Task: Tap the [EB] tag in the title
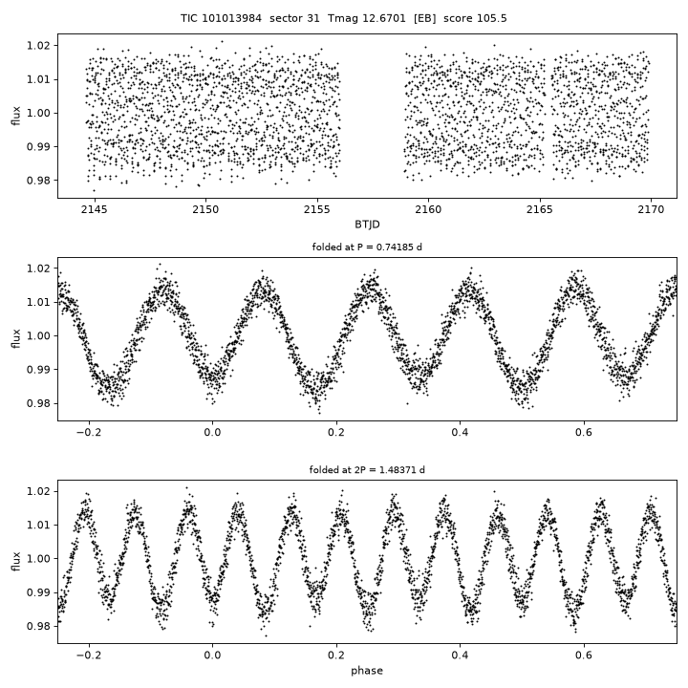point(424,18)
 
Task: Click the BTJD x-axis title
point(367,225)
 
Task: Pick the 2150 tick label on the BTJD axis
point(205,209)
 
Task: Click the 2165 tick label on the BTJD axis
point(540,209)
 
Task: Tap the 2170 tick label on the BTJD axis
point(651,209)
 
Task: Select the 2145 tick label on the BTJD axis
point(94,209)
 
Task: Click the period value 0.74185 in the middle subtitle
point(398,247)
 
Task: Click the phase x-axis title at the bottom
point(367,671)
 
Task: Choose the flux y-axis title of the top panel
point(16,116)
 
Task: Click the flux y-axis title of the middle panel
point(16,338)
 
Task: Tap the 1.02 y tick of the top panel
point(38,46)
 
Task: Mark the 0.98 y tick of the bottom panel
point(38,626)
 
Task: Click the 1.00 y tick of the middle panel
point(38,336)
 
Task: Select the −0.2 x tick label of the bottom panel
point(89,656)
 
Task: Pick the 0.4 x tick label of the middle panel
point(460,433)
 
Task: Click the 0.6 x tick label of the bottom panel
point(584,656)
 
